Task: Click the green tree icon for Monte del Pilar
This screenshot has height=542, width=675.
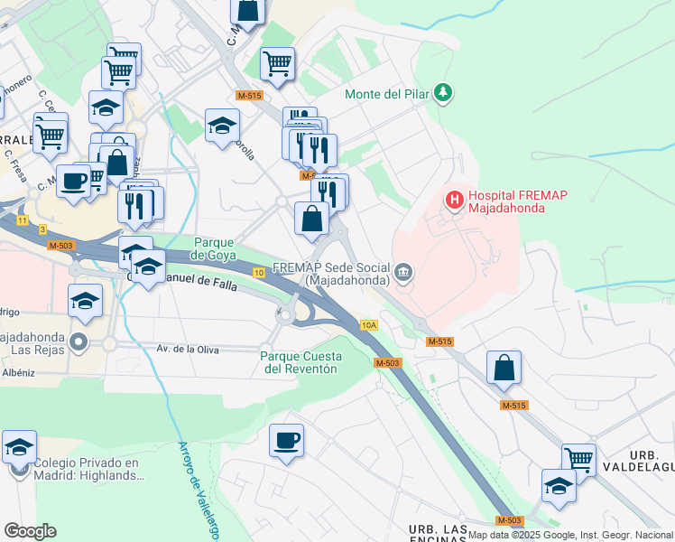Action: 443,92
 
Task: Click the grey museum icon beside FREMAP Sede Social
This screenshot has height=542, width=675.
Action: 404,270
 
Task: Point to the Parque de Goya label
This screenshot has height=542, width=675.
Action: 215,248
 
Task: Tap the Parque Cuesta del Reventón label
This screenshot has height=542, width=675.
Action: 299,362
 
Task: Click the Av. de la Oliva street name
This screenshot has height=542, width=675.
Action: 189,349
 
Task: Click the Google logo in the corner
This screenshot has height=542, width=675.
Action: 30,530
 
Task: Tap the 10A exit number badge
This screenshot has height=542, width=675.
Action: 368,324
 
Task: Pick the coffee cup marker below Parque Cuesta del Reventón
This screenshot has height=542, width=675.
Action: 286,440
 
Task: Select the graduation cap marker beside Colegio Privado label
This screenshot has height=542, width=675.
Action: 19,446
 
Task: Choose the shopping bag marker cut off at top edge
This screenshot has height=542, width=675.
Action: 248,9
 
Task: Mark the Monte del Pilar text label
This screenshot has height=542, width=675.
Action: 388,93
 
